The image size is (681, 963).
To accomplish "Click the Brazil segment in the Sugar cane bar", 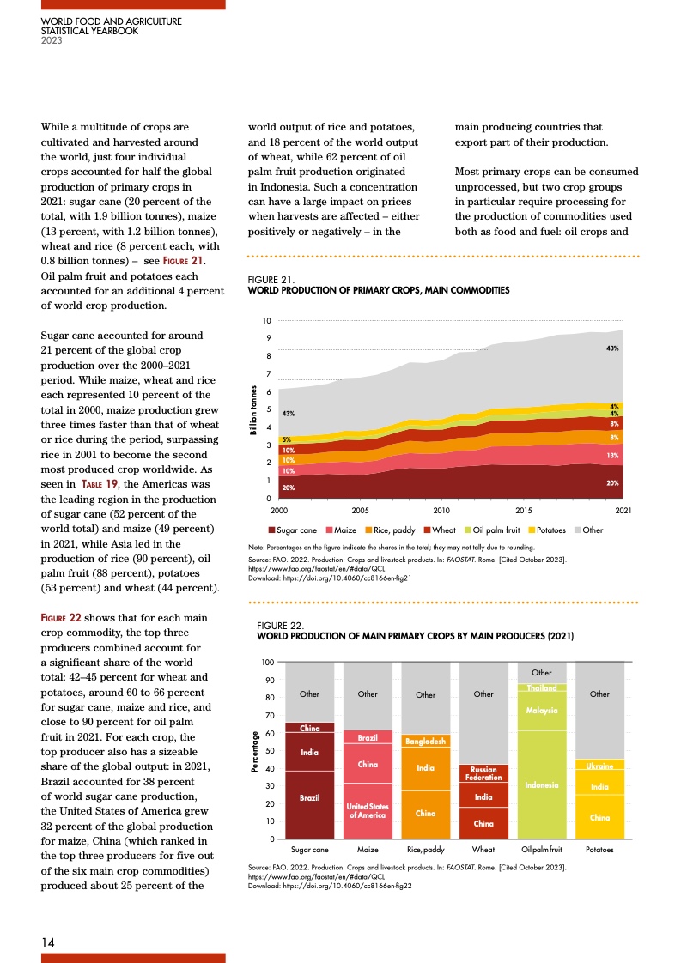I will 309,798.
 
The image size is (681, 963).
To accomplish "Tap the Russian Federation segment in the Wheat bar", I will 483,773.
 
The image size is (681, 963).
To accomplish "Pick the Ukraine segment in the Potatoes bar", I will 599,765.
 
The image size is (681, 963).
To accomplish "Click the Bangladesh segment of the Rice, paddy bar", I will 425,741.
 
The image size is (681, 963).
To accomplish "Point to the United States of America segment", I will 368,811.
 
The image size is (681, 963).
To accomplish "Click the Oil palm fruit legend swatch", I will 468,530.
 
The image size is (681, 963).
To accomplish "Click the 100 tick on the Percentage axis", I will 268,663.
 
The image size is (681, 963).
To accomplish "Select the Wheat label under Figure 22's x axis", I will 483,849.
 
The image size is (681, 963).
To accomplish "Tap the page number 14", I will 51,942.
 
